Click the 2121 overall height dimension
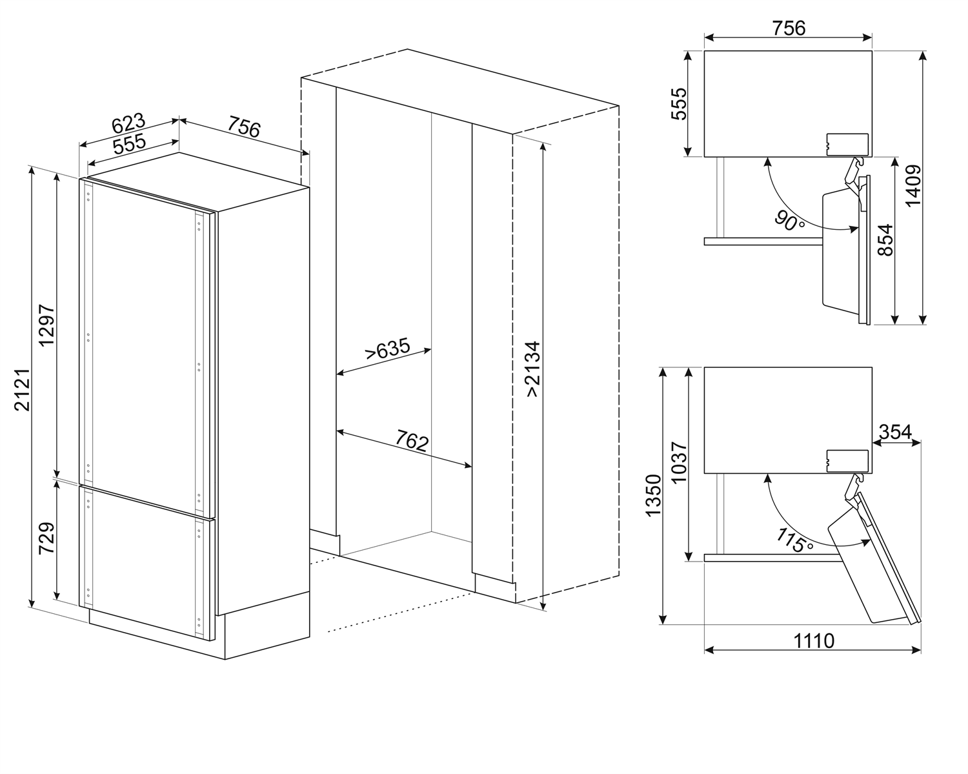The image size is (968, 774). point(22,391)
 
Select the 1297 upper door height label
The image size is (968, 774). point(47,323)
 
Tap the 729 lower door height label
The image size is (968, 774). point(46,538)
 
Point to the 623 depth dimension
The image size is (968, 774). point(128,123)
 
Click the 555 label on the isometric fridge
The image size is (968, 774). point(129,145)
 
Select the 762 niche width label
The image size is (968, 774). point(412,442)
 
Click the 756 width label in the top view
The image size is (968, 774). point(789,28)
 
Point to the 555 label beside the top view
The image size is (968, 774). point(680,103)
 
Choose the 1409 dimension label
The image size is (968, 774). point(913,186)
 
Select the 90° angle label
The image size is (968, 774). point(791,223)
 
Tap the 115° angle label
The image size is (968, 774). point(795,540)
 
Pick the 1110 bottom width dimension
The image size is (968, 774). point(813,640)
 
